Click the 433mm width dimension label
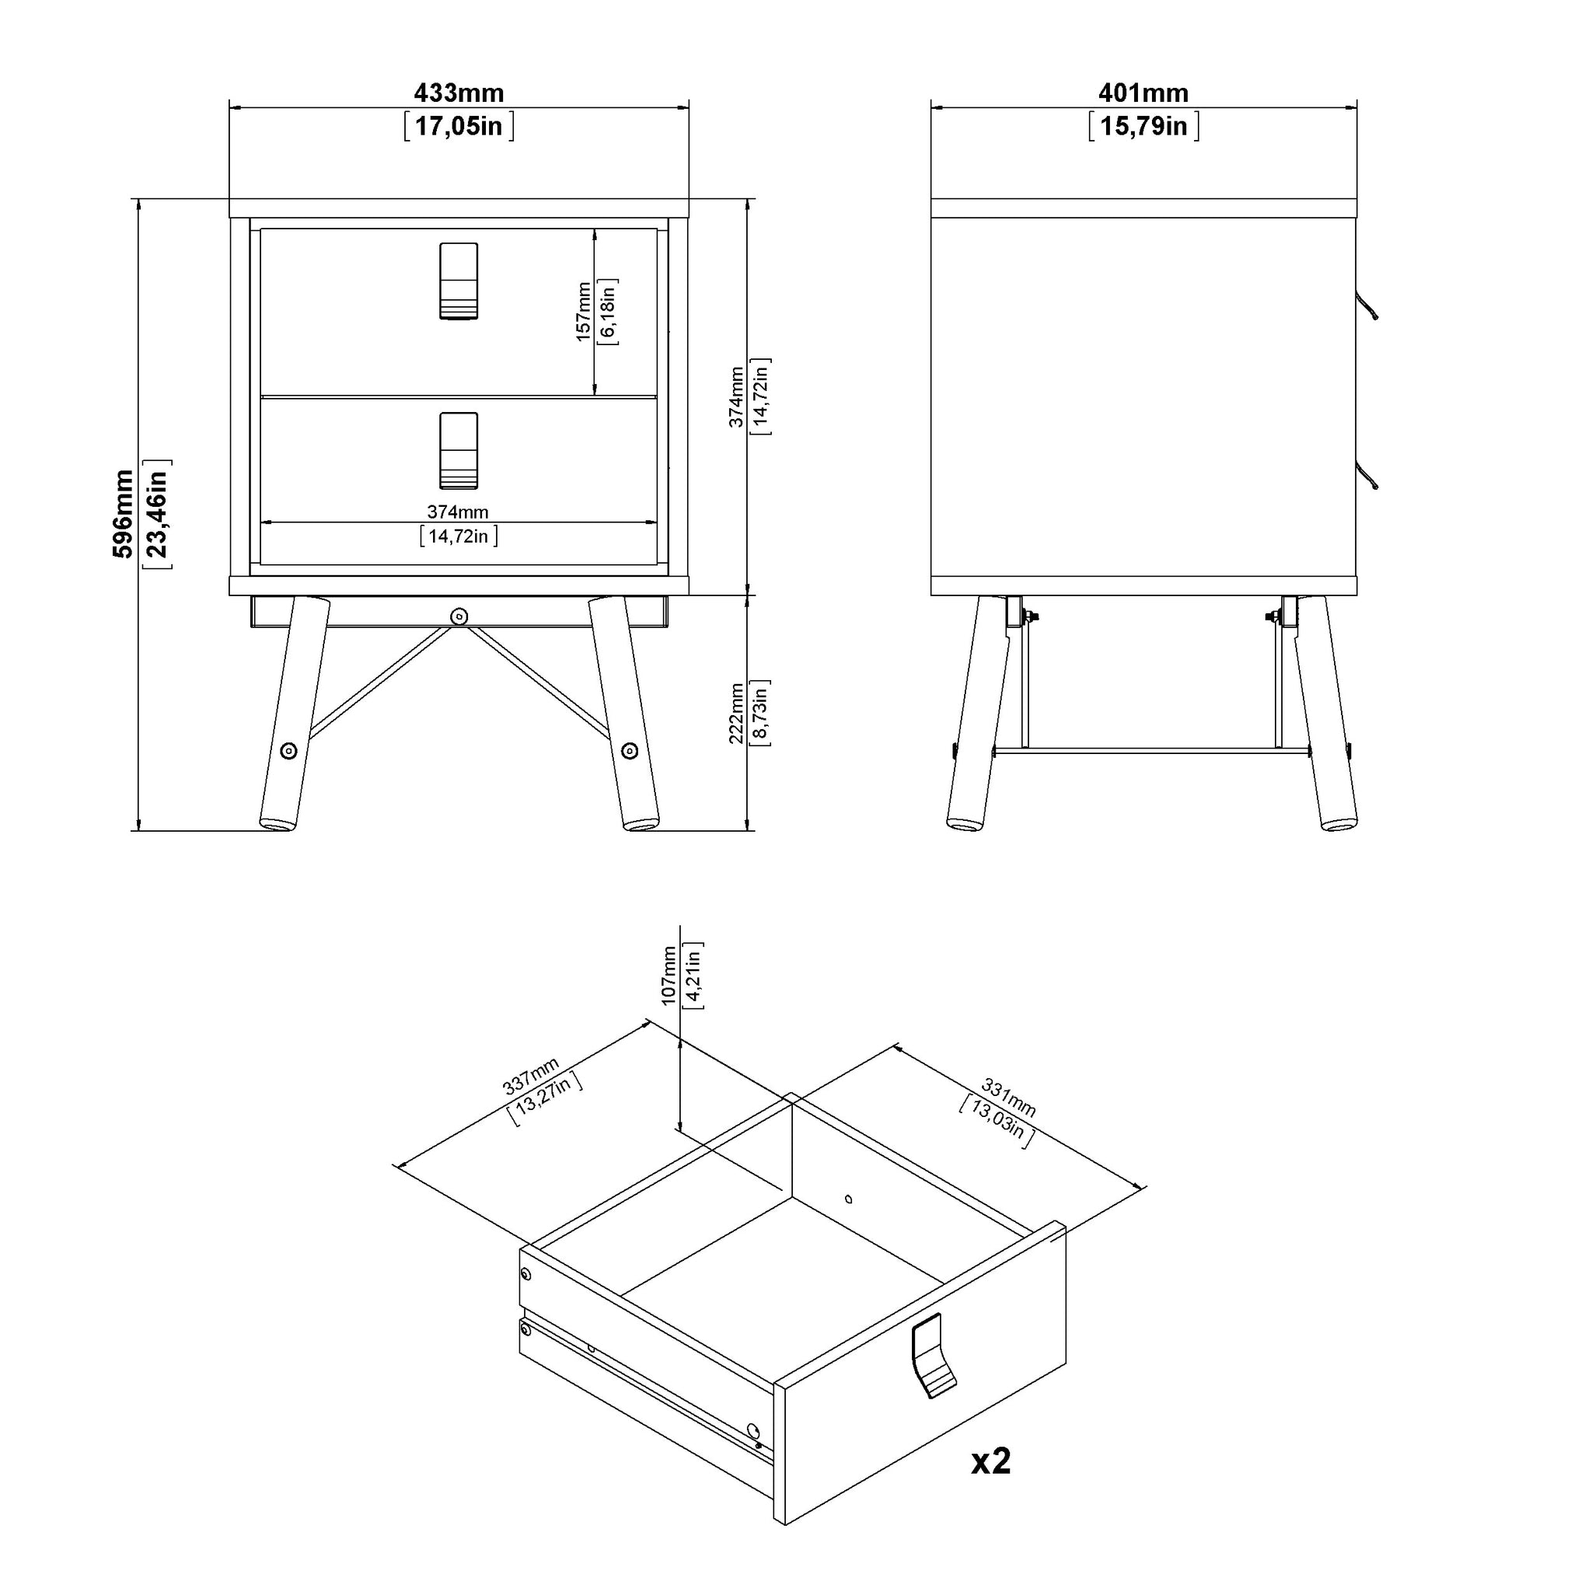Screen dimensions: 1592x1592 click(458, 93)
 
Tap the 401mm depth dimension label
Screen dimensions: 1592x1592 click(1143, 93)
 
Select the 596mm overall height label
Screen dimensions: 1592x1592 click(123, 513)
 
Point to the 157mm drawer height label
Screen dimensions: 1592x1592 click(584, 312)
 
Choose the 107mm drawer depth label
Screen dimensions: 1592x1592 click(669, 975)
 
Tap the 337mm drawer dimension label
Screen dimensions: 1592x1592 click(531, 1075)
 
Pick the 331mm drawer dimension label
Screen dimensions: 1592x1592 click(1008, 1098)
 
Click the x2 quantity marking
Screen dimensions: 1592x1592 click(990, 1460)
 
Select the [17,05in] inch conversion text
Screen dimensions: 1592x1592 click(459, 126)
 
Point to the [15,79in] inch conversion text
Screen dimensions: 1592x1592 click(1143, 126)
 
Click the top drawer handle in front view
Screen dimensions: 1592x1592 click(459, 281)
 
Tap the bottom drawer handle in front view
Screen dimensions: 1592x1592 click(459, 451)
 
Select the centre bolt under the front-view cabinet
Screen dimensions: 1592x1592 click(459, 616)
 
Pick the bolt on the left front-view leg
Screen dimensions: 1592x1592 click(288, 751)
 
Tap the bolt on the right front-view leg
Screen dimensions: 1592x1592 click(630, 751)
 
